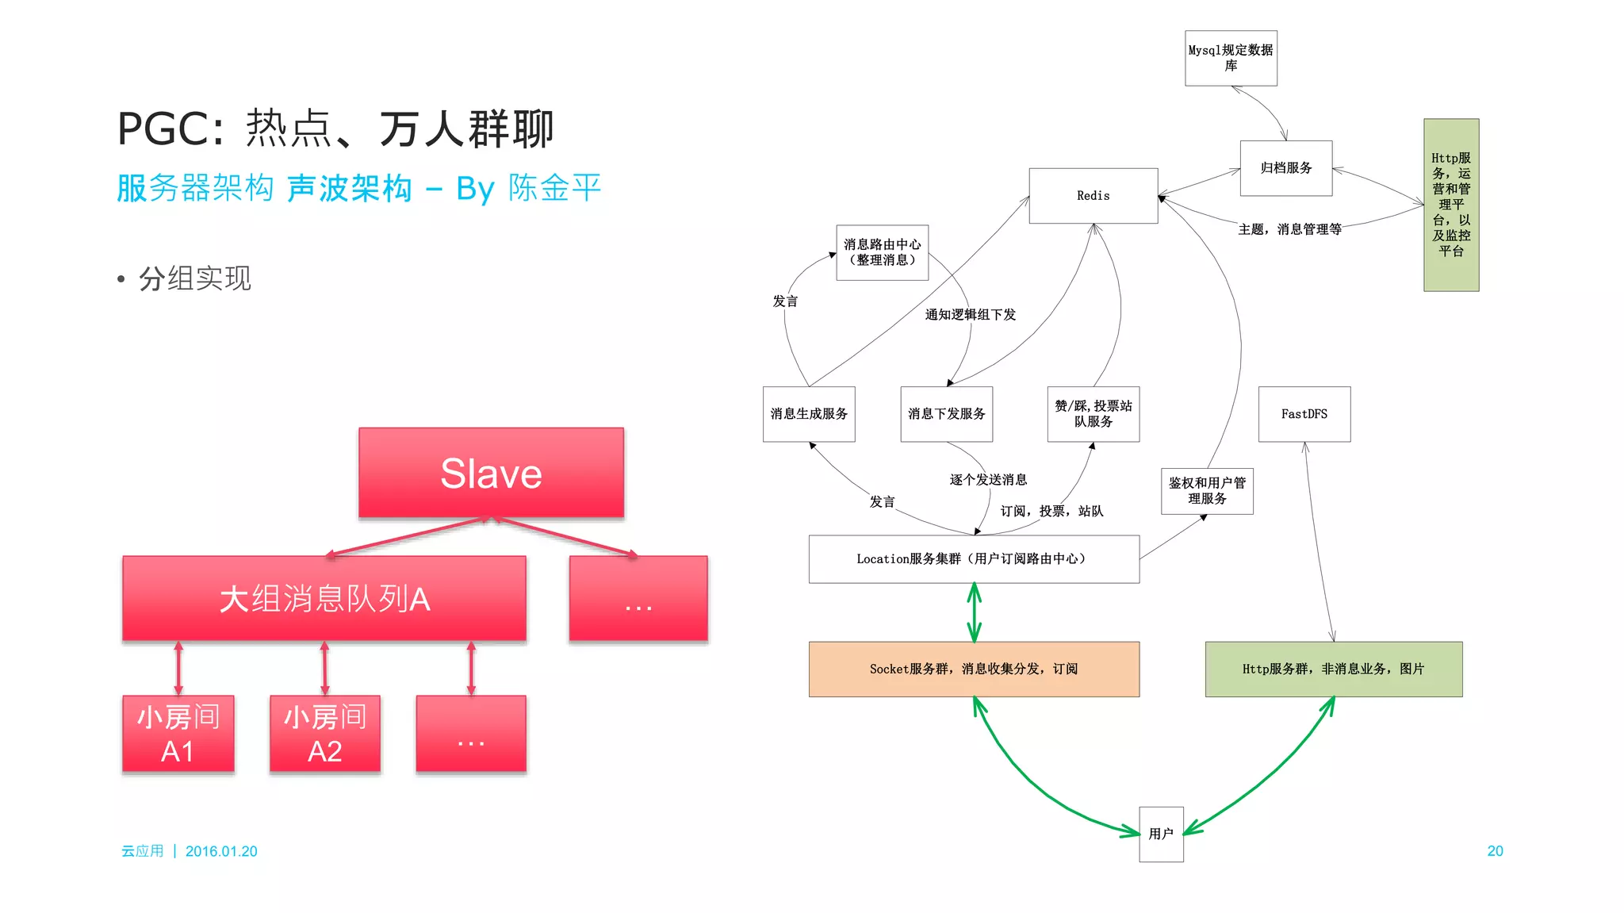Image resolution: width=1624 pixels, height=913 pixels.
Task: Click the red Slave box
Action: pos(491,473)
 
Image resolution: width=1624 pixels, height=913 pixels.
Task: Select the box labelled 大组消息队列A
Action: pos(324,598)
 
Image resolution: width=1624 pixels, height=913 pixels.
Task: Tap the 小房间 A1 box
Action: pos(178,734)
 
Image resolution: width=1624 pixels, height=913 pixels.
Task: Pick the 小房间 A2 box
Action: pos(325,734)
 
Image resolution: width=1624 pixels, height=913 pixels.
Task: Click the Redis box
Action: pos(1093,195)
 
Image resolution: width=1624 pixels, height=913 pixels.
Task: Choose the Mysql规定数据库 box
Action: pos(1231,58)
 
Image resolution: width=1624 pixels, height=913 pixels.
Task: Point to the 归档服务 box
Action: pos(1285,168)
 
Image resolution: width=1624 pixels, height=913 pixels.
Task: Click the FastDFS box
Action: pos(1304,414)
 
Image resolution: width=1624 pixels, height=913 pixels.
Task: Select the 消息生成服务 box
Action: pos(809,414)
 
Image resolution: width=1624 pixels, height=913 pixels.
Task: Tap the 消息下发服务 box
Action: pos(946,414)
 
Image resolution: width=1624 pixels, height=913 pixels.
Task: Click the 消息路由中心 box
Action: pos(882,252)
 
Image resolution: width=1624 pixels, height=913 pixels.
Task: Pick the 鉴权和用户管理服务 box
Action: pos(1207,491)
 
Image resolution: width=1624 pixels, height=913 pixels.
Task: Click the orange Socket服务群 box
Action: pos(974,669)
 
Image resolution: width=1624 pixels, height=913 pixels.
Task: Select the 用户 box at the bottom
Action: pos(1161,834)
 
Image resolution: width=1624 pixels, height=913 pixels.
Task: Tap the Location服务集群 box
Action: pos(974,559)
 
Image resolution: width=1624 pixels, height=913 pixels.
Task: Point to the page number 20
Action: pos(1495,851)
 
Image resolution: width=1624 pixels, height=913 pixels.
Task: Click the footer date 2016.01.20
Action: pos(221,851)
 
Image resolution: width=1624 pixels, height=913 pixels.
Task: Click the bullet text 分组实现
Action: pos(195,278)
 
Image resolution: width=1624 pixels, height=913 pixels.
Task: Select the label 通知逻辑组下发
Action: pos(970,315)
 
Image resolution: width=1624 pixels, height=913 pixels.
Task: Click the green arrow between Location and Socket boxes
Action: pos(975,612)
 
